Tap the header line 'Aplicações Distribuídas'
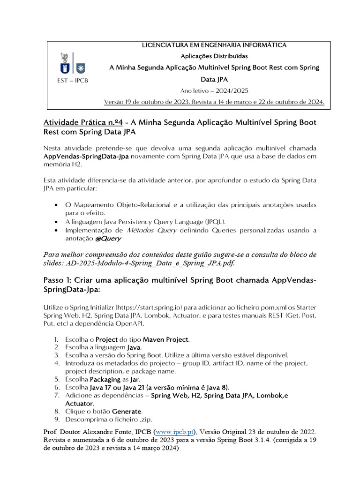(x=214, y=56)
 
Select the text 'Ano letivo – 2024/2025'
(x=214, y=90)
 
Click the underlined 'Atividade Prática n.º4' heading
(x=83, y=122)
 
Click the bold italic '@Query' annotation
(x=108, y=238)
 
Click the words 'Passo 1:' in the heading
(x=58, y=280)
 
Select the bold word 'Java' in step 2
(x=135, y=347)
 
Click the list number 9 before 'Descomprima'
(x=56, y=420)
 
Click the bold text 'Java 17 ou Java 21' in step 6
(x=117, y=388)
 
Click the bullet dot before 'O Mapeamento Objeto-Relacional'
(x=56, y=205)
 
